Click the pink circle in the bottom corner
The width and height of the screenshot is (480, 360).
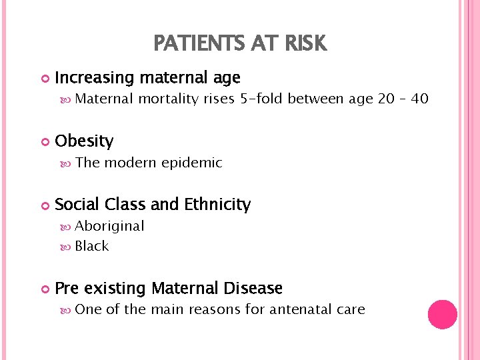click(442, 314)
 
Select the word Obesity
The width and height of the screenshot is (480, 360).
click(84, 141)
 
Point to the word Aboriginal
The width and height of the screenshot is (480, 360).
click(110, 226)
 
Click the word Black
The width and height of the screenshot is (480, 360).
click(92, 246)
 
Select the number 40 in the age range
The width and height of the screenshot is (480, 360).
click(419, 99)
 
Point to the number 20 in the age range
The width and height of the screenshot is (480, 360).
click(386, 99)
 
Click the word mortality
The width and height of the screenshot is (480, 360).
click(170, 99)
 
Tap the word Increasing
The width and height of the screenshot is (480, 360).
click(95, 79)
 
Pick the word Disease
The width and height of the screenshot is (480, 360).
click(253, 289)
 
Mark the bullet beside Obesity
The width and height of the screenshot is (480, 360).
click(45, 142)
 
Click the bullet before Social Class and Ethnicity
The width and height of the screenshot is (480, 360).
click(45, 205)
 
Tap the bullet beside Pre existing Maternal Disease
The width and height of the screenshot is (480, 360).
click(45, 289)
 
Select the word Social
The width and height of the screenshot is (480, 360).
click(77, 205)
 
